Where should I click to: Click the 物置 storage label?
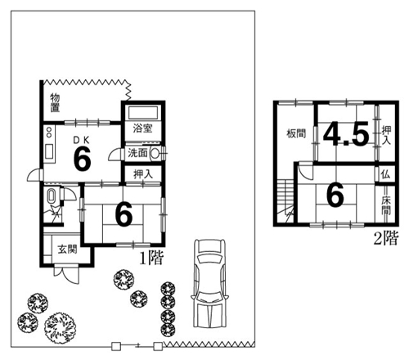point(55,103)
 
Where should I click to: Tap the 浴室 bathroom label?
point(142,128)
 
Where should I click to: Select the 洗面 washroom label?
point(137,153)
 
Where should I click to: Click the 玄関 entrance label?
point(67,249)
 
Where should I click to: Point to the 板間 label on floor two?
point(296,133)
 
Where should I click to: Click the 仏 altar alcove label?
point(385,174)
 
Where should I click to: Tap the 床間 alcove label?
point(386,205)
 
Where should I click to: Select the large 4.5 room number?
point(346,133)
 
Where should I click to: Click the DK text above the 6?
point(81,140)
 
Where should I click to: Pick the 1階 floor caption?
point(151,258)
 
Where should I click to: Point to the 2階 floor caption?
point(386,238)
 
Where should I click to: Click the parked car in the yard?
point(210,283)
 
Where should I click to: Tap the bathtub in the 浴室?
point(143,112)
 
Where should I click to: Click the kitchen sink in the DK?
point(49,151)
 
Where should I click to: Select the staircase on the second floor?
point(285,201)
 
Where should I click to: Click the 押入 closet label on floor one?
point(143,174)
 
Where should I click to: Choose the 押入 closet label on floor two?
point(386,135)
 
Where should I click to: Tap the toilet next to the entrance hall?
point(52,196)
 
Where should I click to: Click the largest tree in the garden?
point(60,327)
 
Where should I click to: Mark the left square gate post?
point(116,346)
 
